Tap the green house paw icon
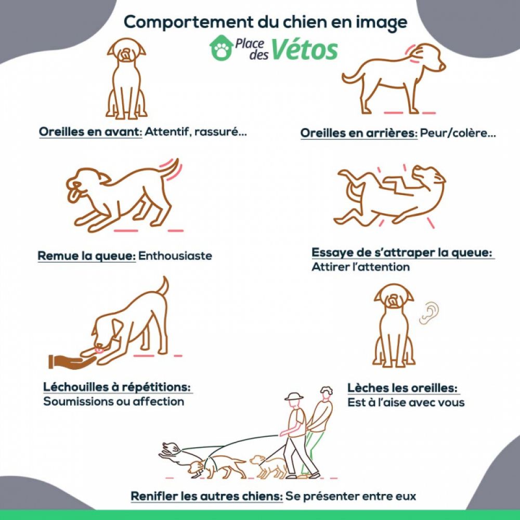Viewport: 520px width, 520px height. [x=221, y=48]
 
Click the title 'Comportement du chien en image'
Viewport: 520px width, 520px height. [x=265, y=22]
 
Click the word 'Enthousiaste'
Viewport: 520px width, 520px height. [x=175, y=256]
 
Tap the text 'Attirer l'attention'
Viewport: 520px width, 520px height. [x=360, y=267]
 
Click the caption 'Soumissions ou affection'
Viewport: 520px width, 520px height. [x=113, y=401]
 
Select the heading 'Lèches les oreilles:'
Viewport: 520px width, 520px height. [x=403, y=388]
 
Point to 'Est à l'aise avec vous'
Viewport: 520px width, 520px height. [x=406, y=403]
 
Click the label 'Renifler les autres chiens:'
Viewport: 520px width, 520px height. [x=207, y=496]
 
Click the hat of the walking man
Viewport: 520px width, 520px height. [x=294, y=396]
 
